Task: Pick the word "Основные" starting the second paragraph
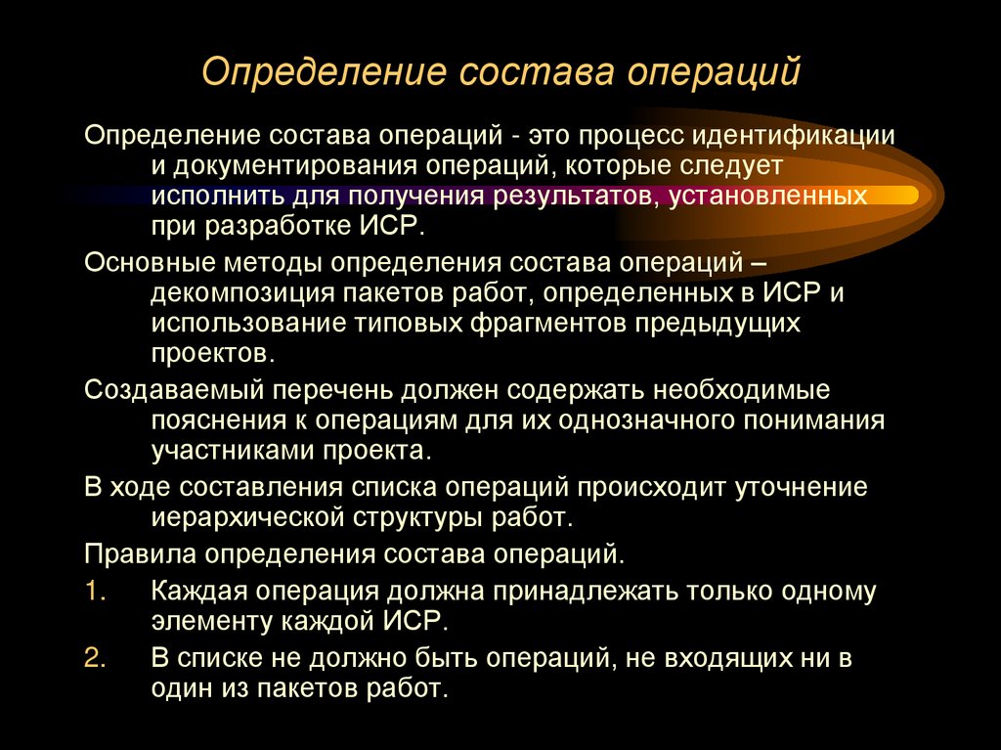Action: [x=145, y=262]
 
